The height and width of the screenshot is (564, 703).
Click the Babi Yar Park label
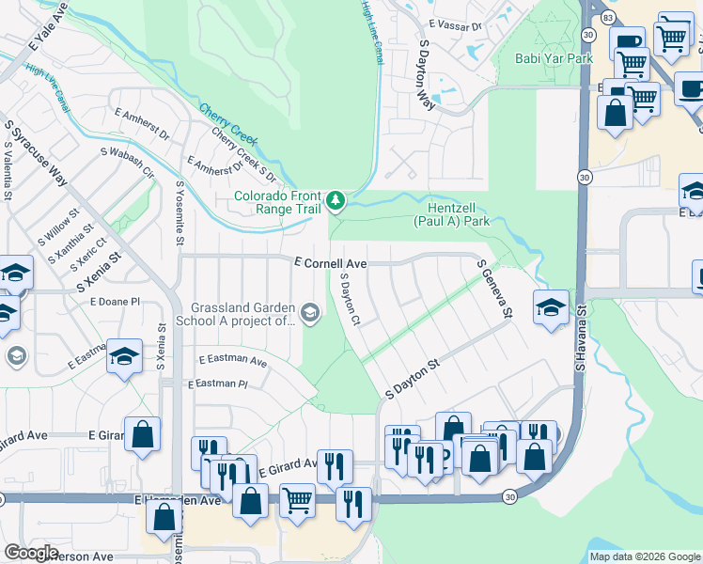point(554,58)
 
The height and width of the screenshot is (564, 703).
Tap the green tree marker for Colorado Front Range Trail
point(335,200)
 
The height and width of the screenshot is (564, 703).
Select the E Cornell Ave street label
point(330,264)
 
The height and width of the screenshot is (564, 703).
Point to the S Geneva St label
point(496,289)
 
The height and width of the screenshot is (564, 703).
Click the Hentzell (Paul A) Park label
point(452,215)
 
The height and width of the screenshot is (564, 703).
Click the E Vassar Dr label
point(454,26)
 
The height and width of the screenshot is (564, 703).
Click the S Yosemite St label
point(180,214)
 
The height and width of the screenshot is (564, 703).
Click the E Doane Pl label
point(115,302)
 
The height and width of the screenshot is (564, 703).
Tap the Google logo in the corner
point(31,553)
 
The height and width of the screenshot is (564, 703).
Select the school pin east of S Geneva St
point(551,307)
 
